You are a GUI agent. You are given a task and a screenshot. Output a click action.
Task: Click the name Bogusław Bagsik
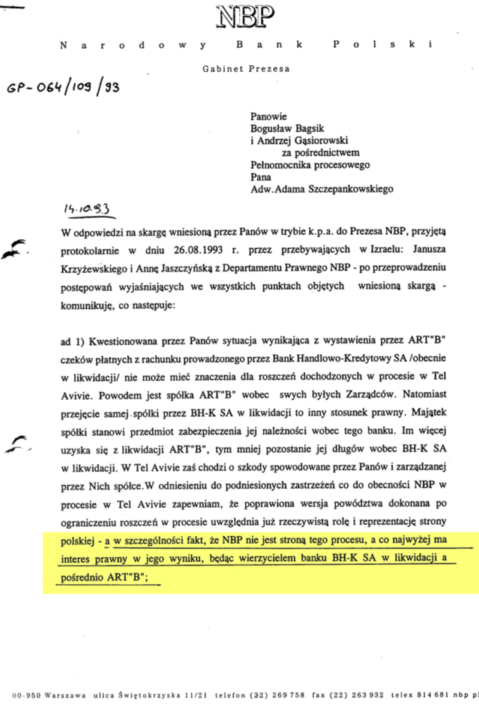(x=288, y=127)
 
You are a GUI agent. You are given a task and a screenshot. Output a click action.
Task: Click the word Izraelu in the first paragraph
(x=358, y=253)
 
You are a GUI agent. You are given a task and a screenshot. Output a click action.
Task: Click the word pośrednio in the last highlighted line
(x=82, y=578)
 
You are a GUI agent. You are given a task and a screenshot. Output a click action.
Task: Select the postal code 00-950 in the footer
(x=26, y=695)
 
